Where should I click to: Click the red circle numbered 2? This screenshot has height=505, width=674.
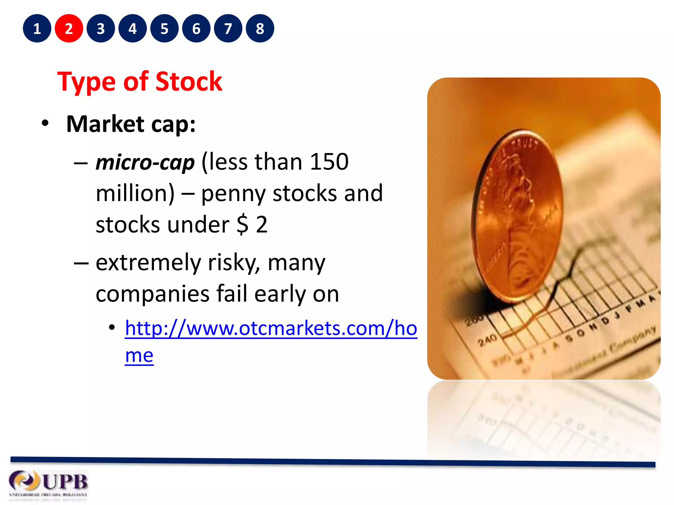point(69,29)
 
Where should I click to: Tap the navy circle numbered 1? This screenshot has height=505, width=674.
point(37,29)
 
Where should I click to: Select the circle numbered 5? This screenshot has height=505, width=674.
point(164,29)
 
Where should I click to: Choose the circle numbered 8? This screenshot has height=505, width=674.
point(260,29)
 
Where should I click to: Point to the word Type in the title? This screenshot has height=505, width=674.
point(86,82)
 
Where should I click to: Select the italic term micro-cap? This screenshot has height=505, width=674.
point(145,162)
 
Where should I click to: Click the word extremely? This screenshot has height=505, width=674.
point(148,263)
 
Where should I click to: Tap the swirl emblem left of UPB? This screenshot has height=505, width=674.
point(23,481)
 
